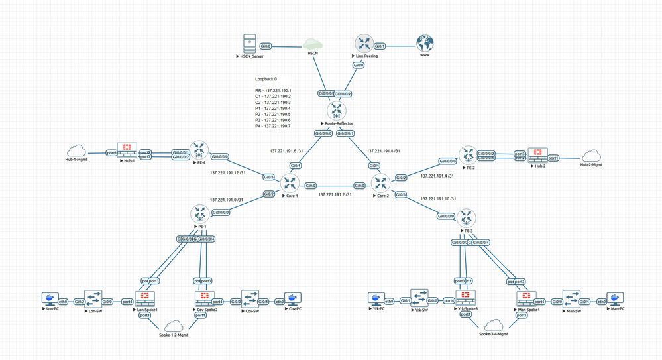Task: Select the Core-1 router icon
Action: (289, 182)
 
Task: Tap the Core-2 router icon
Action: (382, 182)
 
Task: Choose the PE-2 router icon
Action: (469, 155)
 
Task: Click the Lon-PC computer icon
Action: (49, 299)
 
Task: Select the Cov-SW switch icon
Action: (250, 298)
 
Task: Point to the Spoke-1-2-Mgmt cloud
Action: (174, 326)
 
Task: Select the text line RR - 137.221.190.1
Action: (273, 90)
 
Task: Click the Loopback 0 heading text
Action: (266, 79)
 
